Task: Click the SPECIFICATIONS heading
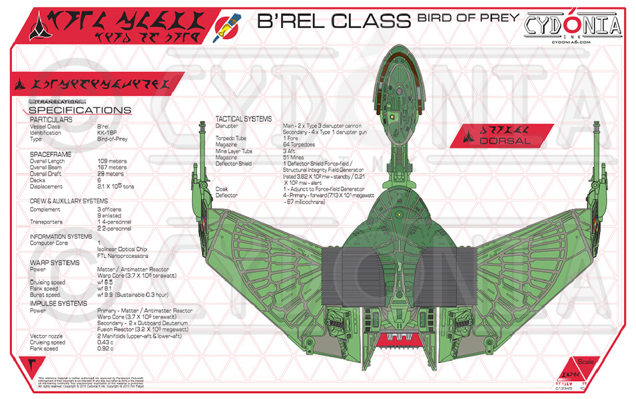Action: pos(79,110)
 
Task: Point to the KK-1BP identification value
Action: pos(108,132)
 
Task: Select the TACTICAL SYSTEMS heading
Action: pos(243,119)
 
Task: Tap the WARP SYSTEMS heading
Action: pos(55,263)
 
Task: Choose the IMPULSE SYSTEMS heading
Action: pos(59,303)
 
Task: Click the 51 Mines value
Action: pos(295,157)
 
